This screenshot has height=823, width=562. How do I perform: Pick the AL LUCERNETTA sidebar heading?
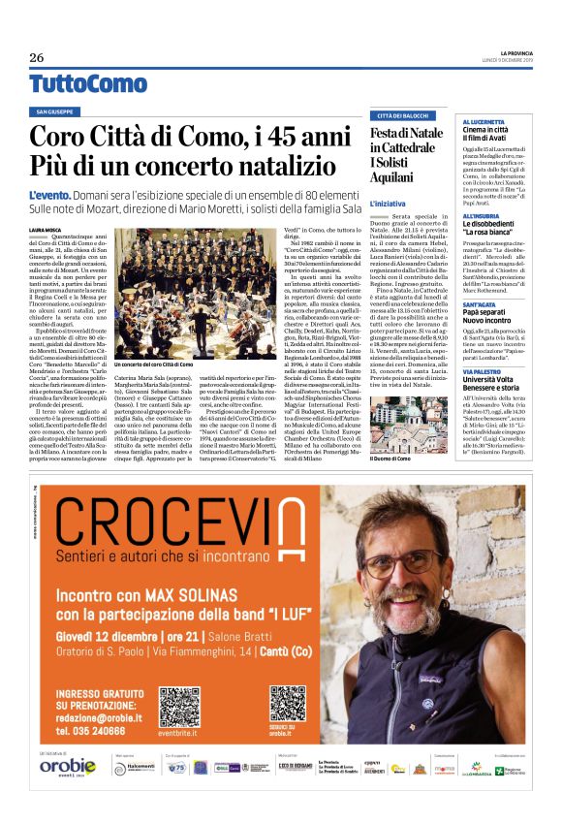coord(484,121)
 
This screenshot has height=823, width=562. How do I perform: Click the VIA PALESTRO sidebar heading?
coord(480,371)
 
